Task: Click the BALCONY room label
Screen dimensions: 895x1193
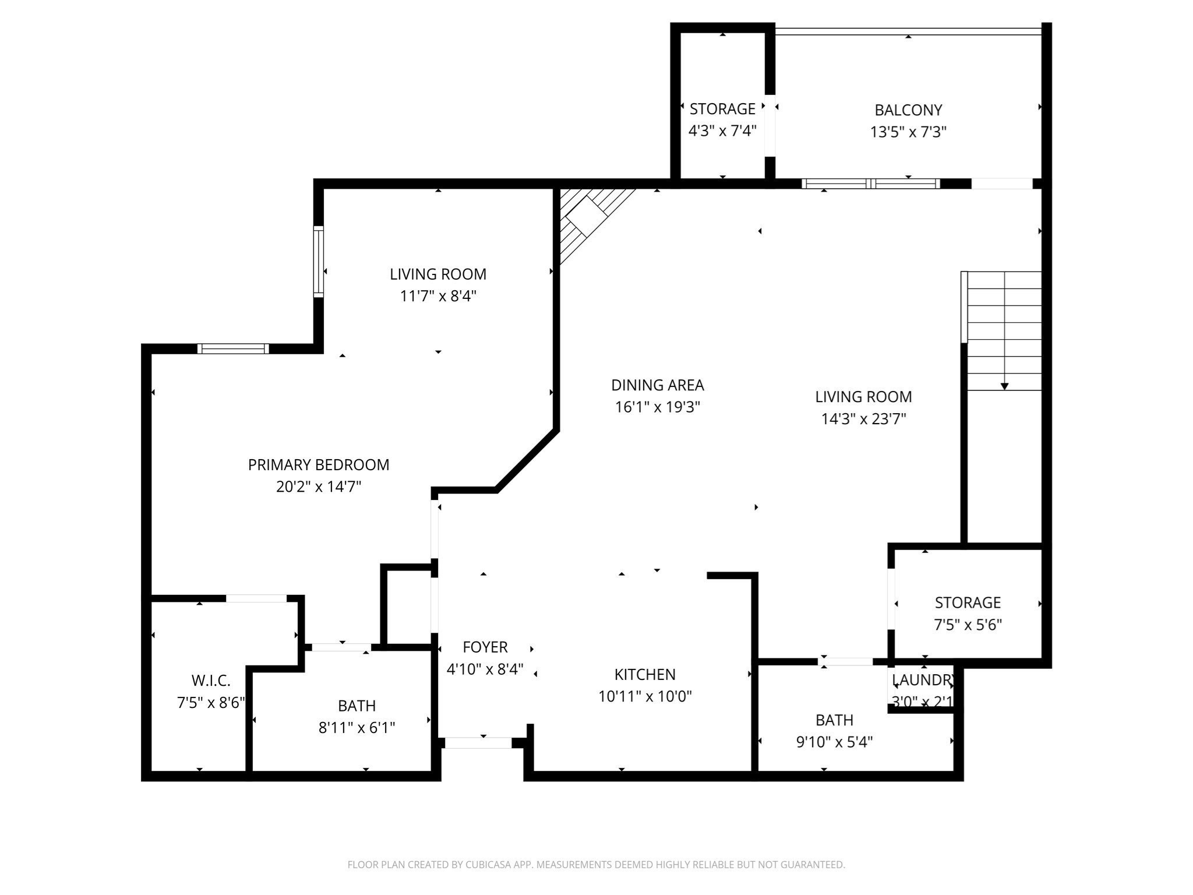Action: [x=908, y=110]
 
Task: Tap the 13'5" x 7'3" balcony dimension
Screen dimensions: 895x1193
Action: [x=908, y=132]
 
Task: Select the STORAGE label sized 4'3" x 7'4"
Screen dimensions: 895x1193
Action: [x=722, y=109]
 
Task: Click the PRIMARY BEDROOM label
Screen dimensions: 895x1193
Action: [x=319, y=464]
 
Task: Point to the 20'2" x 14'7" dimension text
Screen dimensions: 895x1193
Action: [x=319, y=487]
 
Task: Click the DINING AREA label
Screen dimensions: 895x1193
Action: [x=657, y=385]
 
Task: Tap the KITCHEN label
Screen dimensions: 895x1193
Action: [x=645, y=674]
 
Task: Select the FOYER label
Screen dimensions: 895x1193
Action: [x=485, y=647]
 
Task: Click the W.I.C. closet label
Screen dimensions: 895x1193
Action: [x=211, y=680]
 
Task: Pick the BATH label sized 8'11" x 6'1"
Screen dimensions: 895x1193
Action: [x=357, y=706]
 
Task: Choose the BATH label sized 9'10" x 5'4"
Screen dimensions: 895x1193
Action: [x=834, y=720]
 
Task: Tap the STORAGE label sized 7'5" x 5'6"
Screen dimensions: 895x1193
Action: [x=968, y=602]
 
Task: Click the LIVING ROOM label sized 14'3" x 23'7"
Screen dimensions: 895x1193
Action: [x=863, y=397]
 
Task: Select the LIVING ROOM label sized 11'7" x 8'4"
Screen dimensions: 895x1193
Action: [x=438, y=274]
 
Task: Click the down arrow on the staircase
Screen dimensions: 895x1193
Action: [x=1004, y=385]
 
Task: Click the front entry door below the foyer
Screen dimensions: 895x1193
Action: [x=478, y=743]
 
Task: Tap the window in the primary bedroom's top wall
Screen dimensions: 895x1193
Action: [x=233, y=349]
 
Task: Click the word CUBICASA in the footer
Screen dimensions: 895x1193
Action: [x=489, y=865]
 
